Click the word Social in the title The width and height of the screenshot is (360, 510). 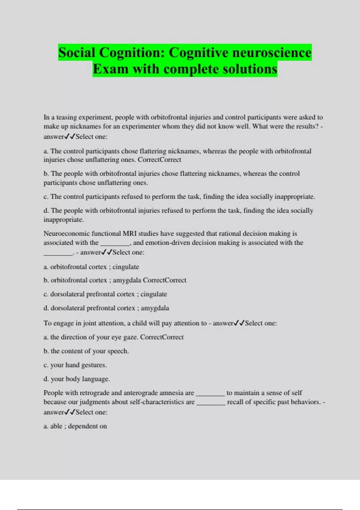(77, 53)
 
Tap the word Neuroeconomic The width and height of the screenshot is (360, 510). (67, 233)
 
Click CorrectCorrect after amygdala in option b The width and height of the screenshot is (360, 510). (164, 280)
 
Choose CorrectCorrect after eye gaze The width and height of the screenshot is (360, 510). (162, 337)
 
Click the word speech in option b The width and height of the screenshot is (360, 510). (118, 351)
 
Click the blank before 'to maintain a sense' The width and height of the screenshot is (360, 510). (210, 394)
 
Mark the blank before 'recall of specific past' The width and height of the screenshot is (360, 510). (211, 403)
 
